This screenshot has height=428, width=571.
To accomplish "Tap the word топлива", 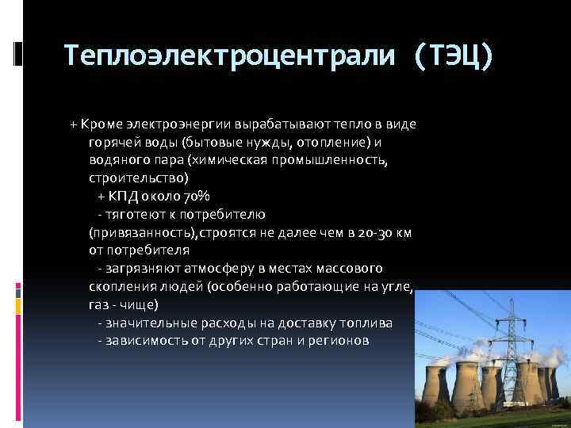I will (370, 322).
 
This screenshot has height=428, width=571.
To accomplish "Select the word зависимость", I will (142, 339).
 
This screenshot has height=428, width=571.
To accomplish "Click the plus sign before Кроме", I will (73, 126).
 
